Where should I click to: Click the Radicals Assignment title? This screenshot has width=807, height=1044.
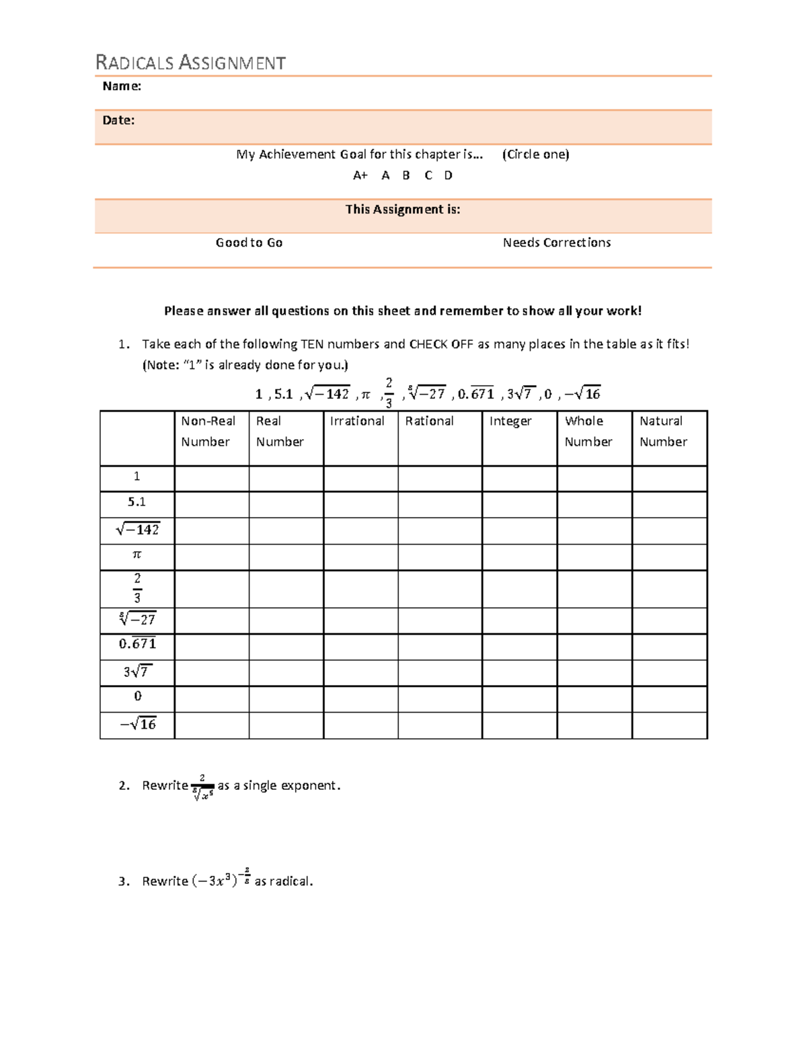[190, 63]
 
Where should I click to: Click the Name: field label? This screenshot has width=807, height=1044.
[121, 86]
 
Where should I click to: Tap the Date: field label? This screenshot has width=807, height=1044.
[118, 120]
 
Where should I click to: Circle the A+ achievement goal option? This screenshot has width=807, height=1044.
[360, 175]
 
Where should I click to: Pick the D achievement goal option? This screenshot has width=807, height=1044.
[448, 175]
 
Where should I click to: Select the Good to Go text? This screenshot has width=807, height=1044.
[249, 243]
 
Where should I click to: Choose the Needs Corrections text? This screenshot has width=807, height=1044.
[556, 243]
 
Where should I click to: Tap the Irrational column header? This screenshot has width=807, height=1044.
[357, 421]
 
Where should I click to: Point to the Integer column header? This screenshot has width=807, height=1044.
[510, 421]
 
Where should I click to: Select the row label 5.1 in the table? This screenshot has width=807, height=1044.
[137, 502]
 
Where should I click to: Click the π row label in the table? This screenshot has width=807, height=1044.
[137, 555]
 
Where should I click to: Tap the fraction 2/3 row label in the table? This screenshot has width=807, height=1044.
[137, 588]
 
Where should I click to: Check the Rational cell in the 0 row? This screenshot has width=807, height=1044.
[440, 698]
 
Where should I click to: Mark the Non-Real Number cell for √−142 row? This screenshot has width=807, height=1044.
[211, 530]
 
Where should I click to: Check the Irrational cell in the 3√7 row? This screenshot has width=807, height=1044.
[360, 672]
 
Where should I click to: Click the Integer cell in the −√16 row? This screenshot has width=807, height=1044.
[519, 725]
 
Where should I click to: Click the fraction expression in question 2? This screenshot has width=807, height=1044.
[202, 787]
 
